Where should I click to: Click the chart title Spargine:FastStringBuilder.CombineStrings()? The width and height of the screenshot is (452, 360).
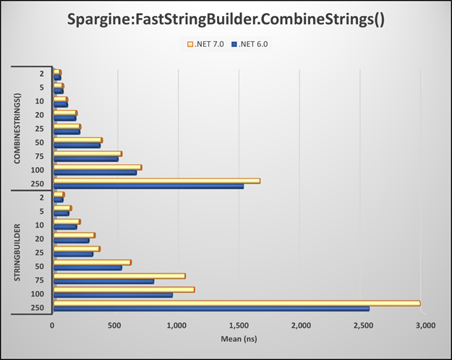[x=226, y=20]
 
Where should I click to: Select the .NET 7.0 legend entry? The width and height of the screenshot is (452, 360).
[x=210, y=44]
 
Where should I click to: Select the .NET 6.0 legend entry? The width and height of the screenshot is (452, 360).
[x=252, y=44]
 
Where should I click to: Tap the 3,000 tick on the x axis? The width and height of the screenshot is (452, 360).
[x=425, y=326]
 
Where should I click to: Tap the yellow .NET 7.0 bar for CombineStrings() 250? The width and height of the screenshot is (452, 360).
[x=156, y=181]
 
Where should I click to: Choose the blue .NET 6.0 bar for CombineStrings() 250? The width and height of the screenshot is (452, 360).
[x=148, y=187]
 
